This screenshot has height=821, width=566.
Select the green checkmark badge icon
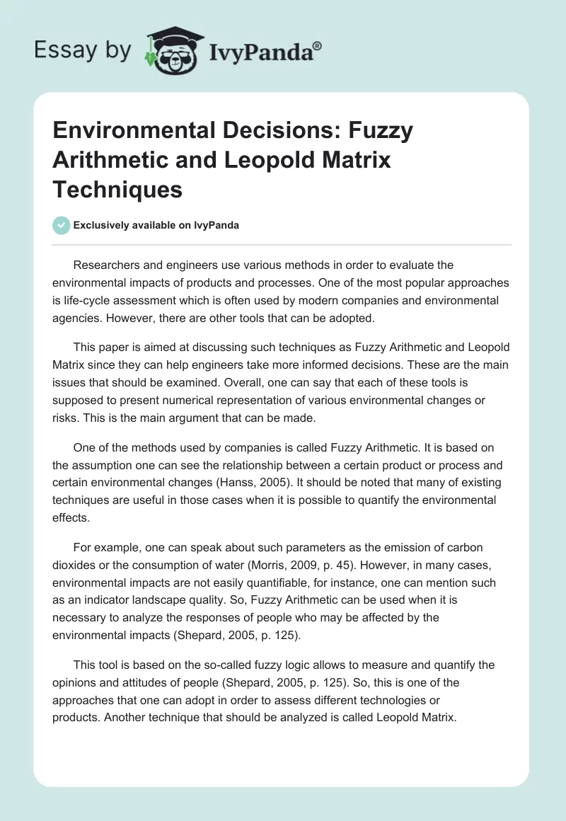62,225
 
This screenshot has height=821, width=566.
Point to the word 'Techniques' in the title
117,189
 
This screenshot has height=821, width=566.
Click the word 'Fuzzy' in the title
380,131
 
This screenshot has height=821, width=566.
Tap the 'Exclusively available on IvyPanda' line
156,225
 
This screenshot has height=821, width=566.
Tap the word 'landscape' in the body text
169,600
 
